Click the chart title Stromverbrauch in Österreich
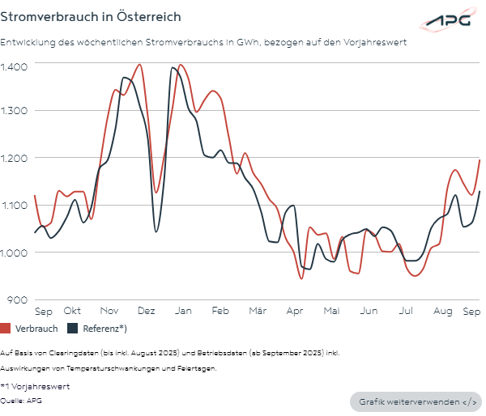coord(90,16)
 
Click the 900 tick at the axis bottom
coord(18,299)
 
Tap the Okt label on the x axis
coord(72,311)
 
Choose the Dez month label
coord(147,311)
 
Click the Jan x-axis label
coord(183,311)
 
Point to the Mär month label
coord(258,311)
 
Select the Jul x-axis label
coord(406,311)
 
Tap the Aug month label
coord(442,311)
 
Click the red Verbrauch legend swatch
coord(6,329)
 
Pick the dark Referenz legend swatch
coord(72,329)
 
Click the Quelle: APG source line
coord(23,400)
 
